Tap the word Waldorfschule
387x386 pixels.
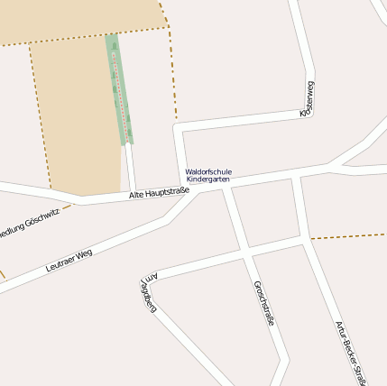point(208,171)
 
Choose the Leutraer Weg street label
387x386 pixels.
point(69,262)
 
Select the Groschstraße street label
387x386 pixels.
point(263,303)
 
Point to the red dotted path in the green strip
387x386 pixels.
point(118,90)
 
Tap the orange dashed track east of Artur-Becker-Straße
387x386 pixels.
point(347,236)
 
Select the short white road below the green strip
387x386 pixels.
point(130,167)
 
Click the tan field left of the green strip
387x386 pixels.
point(77,117)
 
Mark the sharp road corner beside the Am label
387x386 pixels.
point(143,274)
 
